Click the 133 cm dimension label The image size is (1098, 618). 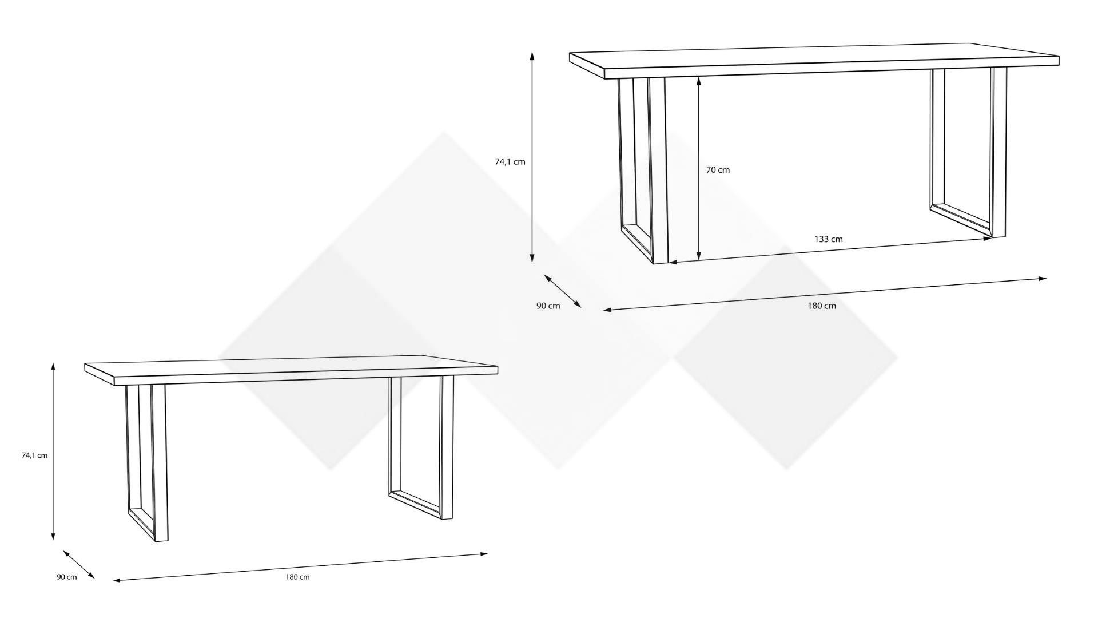[828, 239]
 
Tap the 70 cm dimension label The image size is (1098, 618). [718, 170]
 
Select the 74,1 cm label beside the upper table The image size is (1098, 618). [510, 162]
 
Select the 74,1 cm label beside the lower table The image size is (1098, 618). [34, 455]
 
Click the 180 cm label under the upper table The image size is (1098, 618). [822, 306]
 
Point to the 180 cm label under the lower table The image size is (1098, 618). [297, 577]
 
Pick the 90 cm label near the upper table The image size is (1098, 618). [548, 306]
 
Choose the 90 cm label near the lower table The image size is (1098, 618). [66, 577]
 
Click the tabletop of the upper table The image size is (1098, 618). [814, 61]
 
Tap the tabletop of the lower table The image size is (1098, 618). [291, 371]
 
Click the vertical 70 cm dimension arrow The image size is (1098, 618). [699, 170]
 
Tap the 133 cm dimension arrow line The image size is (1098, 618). [830, 251]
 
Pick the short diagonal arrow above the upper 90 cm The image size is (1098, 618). [563, 291]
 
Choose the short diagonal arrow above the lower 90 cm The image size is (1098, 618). [79, 565]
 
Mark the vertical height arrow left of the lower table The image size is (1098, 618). [53, 451]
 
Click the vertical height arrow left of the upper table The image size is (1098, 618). [532, 157]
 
